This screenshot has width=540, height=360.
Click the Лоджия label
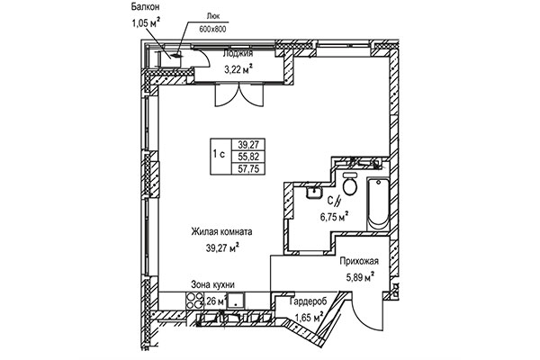[237, 53]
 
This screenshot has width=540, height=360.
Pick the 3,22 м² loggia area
[238, 67]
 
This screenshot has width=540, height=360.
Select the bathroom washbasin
[312, 193]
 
